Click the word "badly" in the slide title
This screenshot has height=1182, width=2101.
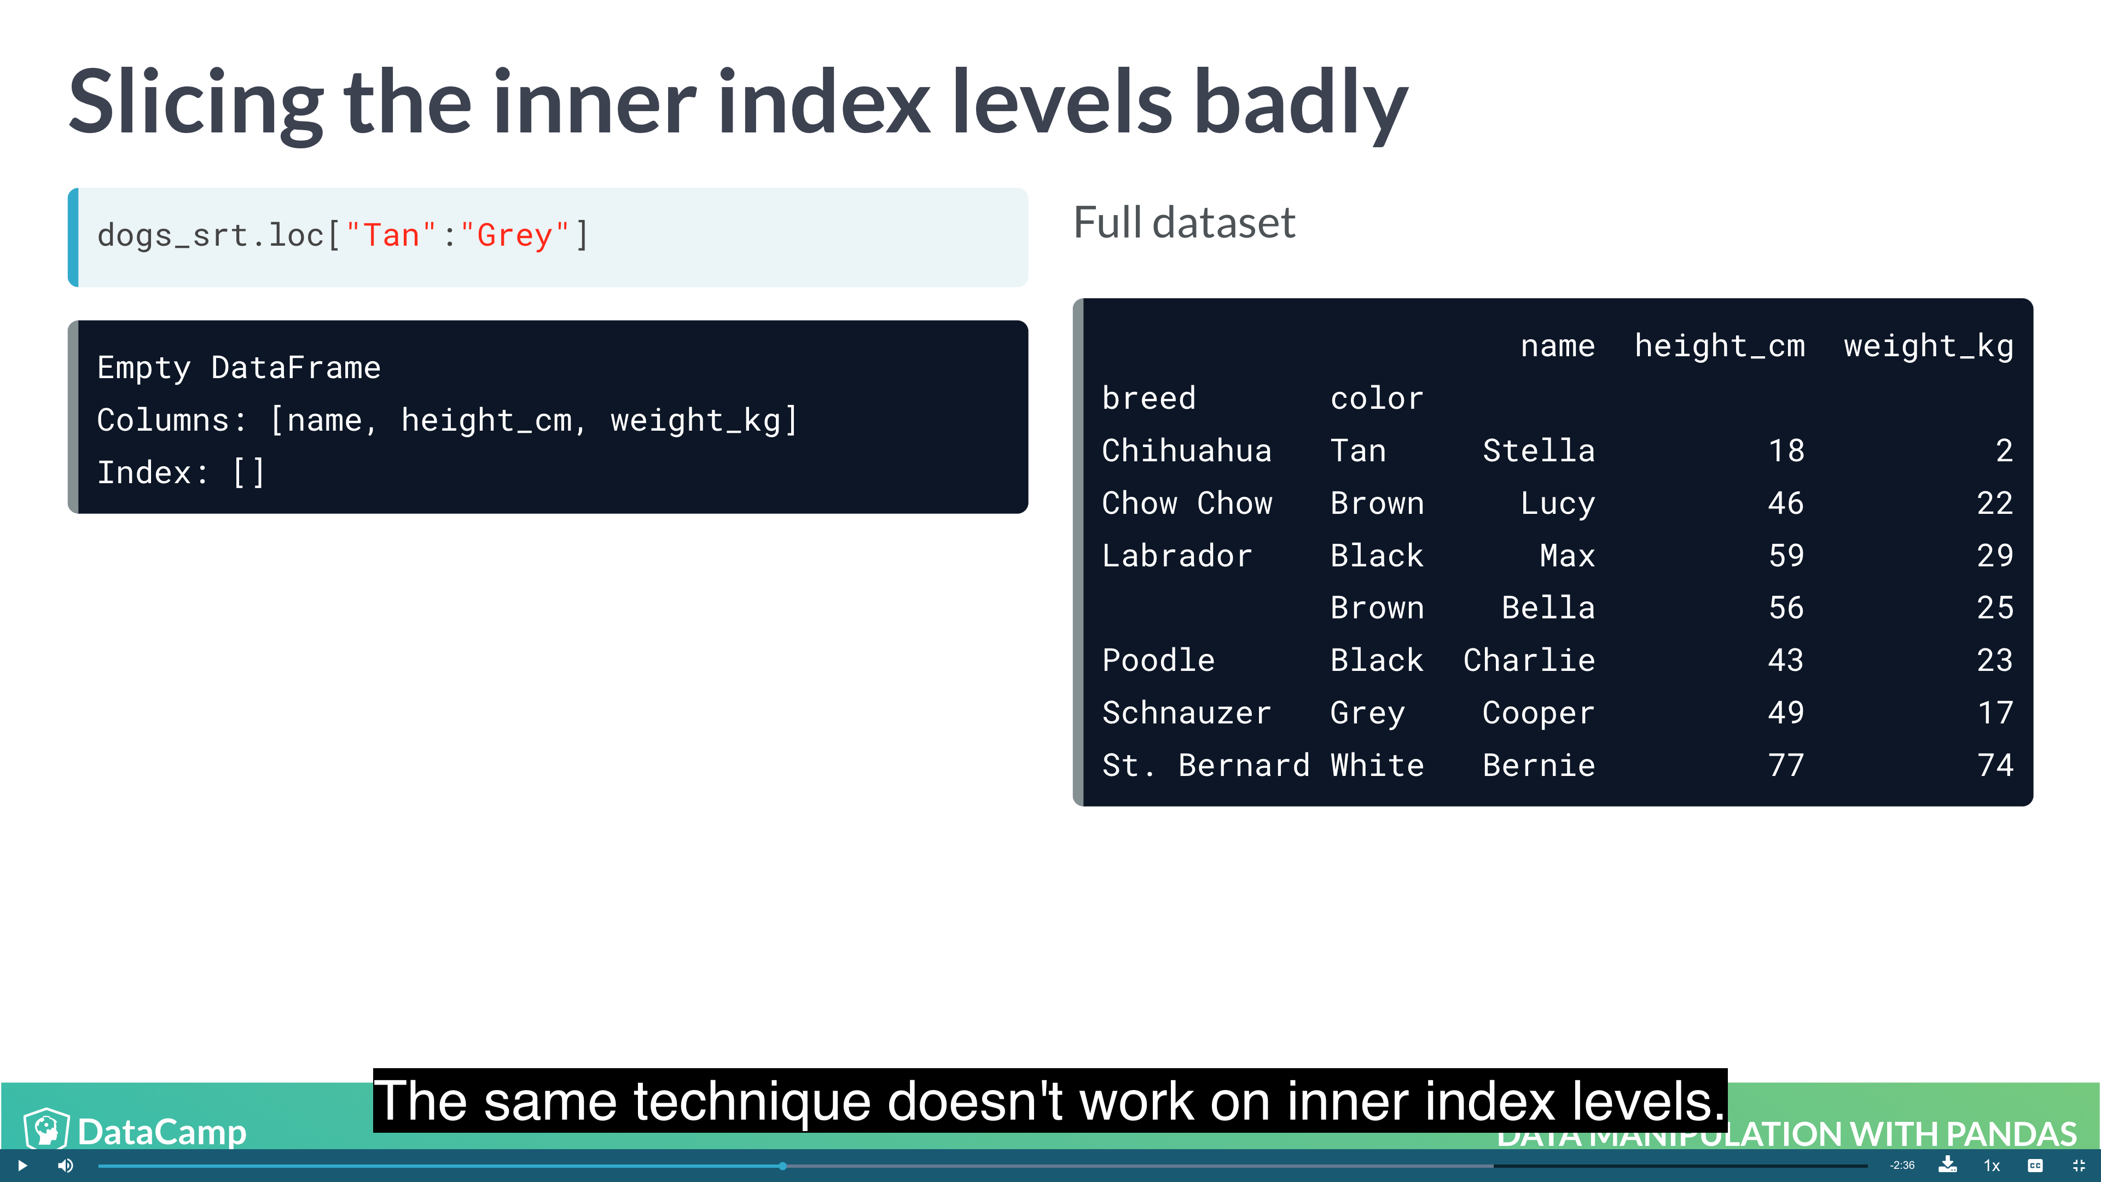pyautogui.click(x=1301, y=105)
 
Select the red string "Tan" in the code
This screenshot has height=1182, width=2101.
pyautogui.click(x=390, y=236)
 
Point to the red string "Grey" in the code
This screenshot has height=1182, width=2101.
pyautogui.click(x=515, y=236)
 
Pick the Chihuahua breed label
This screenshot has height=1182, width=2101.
pyautogui.click(x=1187, y=450)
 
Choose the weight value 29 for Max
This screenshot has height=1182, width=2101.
pyautogui.click(x=1995, y=555)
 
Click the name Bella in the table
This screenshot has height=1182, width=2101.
pyautogui.click(x=1548, y=608)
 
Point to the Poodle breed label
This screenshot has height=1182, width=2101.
pyautogui.click(x=1158, y=660)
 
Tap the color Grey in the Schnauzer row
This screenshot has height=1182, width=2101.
pyautogui.click(x=1368, y=714)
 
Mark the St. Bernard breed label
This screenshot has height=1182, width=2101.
pyautogui.click(x=1205, y=765)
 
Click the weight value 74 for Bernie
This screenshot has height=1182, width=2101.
pyautogui.click(x=1995, y=765)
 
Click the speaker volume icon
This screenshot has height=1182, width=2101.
pyautogui.click(x=65, y=1166)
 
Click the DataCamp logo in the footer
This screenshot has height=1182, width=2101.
pyautogui.click(x=135, y=1130)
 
